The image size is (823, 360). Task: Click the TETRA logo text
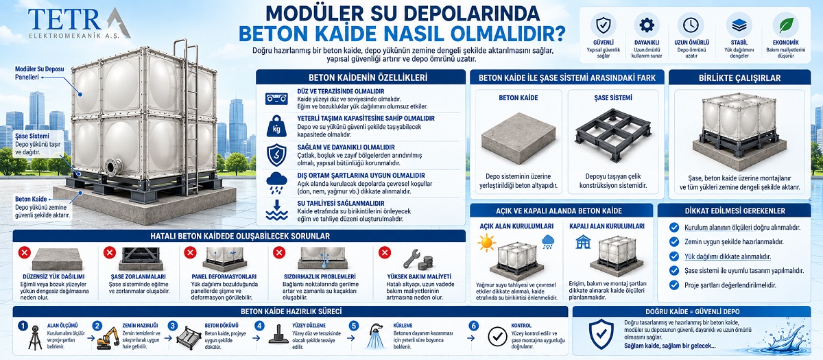click(x=79, y=20)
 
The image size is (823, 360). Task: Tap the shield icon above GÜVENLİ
click(x=603, y=25)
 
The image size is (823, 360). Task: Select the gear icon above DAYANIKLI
click(x=647, y=25)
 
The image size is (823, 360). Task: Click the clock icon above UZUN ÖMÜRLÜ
click(x=691, y=25)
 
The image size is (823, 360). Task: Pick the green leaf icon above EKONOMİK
click(x=786, y=25)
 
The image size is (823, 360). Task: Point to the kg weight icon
click(x=276, y=126)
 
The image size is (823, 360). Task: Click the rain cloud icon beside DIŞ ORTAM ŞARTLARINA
click(x=276, y=183)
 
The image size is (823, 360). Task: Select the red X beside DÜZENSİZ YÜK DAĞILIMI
click(x=25, y=253)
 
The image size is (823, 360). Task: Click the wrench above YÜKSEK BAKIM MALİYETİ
click(x=411, y=259)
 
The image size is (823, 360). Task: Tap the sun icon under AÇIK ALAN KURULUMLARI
click(x=486, y=243)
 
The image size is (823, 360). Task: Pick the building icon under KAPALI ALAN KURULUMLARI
click(x=583, y=241)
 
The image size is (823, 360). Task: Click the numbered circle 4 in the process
click(x=259, y=326)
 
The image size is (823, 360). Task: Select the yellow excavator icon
click(x=108, y=338)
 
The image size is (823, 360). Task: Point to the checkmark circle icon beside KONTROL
click(x=497, y=337)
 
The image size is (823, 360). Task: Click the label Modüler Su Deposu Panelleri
click(x=39, y=73)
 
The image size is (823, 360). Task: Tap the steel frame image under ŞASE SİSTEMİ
click(x=612, y=135)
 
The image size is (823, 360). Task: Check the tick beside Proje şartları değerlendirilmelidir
click(x=673, y=285)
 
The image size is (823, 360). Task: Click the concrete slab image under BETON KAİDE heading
click(x=518, y=139)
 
